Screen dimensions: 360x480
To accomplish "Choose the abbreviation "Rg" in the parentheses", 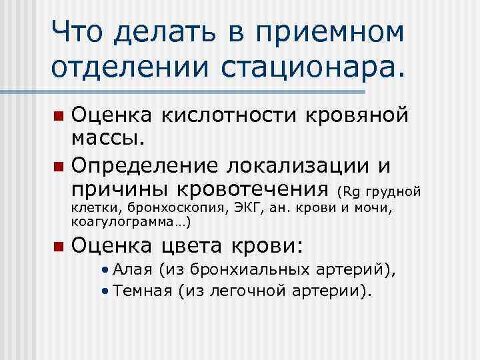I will pos(351,192).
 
